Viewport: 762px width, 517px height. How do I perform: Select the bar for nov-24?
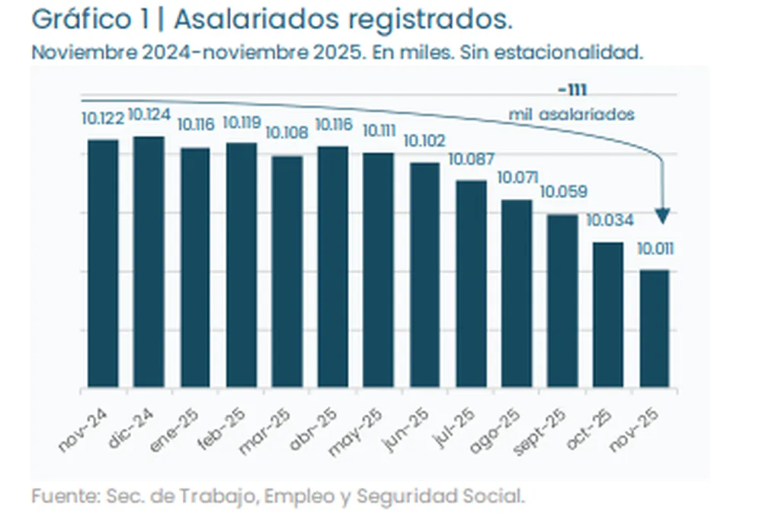pos(103,263)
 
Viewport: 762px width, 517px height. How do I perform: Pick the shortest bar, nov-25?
pos(654,328)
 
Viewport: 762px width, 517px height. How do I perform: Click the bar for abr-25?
pos(332,266)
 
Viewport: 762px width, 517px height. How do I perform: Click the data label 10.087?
pos(471,160)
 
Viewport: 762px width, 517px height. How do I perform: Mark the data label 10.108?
pos(287,133)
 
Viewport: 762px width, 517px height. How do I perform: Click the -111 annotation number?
pos(571,90)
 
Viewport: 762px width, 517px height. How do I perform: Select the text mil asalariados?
pos(571,115)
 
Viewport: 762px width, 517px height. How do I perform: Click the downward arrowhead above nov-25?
pos(662,217)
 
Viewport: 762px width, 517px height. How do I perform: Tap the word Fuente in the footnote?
pos(62,497)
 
